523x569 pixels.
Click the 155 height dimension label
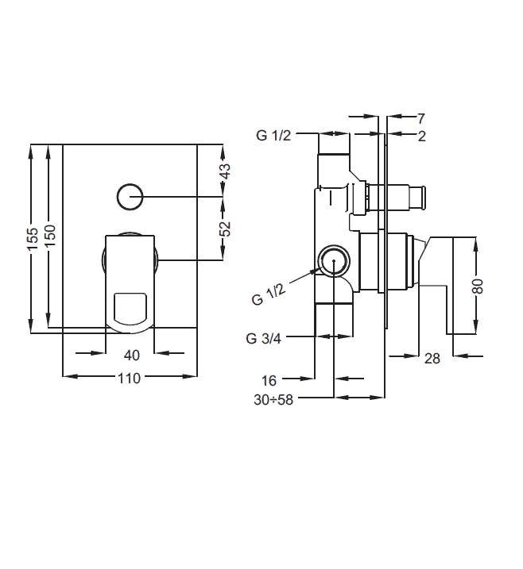click(x=33, y=238)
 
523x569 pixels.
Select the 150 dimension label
click(x=51, y=236)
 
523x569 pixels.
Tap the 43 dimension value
click(x=226, y=171)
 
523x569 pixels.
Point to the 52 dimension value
click(x=226, y=229)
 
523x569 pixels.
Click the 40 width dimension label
click(x=132, y=356)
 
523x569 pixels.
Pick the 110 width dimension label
click(x=129, y=379)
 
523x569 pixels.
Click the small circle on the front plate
click(x=130, y=197)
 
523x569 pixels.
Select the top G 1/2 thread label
click(x=273, y=136)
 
